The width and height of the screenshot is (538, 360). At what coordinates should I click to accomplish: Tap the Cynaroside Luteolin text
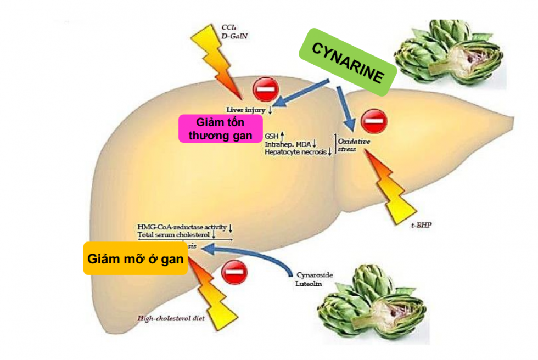point(315,278)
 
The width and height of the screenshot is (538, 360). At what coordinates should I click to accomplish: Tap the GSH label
point(271,135)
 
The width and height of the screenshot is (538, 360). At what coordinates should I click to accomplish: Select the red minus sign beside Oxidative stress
point(374,121)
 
